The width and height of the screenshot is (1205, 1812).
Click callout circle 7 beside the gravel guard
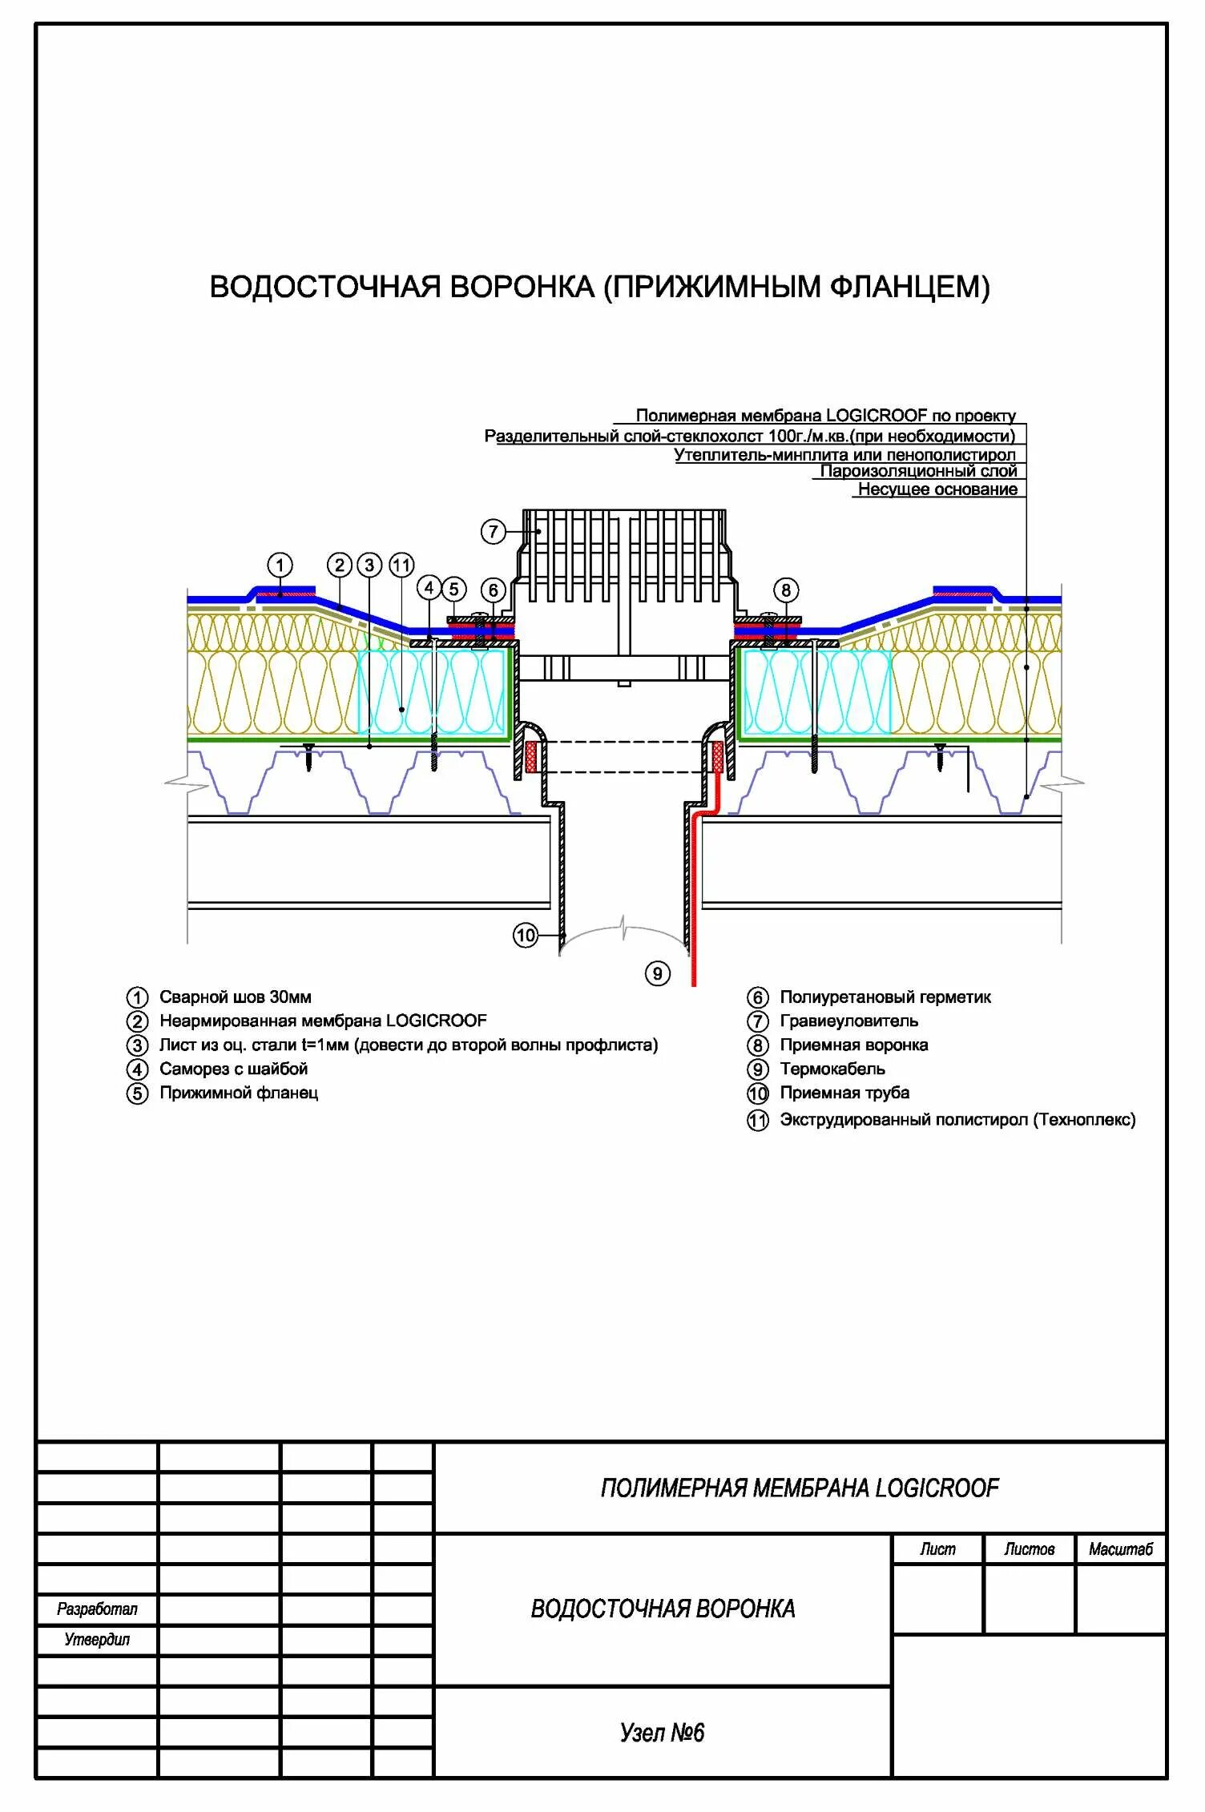click(x=494, y=531)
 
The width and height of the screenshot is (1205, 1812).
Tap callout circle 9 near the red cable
click(x=657, y=973)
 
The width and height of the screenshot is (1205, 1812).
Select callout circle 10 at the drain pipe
click(x=525, y=935)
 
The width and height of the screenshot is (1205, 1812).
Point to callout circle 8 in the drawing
click(x=785, y=590)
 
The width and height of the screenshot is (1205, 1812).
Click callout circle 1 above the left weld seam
click(x=280, y=566)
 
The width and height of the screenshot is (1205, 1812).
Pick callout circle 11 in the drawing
click(x=401, y=566)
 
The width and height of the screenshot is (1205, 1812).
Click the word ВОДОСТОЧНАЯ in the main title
click(x=324, y=287)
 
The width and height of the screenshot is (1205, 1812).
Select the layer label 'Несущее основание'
click(x=937, y=489)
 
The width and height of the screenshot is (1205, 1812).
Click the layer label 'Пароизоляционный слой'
click(x=918, y=471)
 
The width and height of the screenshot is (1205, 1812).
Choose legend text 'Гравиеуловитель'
click(x=848, y=1021)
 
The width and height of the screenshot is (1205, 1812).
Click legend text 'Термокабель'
click(x=832, y=1069)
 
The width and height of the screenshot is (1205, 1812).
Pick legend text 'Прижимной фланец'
click(x=239, y=1093)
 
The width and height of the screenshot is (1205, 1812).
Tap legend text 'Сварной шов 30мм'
click(x=235, y=997)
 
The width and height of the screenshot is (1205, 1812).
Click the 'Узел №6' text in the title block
click(x=662, y=1733)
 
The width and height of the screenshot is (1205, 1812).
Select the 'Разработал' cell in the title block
click(x=97, y=1609)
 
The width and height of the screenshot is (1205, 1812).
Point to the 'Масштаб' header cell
click(x=1120, y=1549)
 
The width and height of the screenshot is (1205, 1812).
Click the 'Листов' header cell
click(x=1030, y=1549)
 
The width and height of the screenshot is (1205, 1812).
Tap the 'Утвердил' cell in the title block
click(x=97, y=1640)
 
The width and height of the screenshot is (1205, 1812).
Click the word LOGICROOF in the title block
click(x=937, y=1488)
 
